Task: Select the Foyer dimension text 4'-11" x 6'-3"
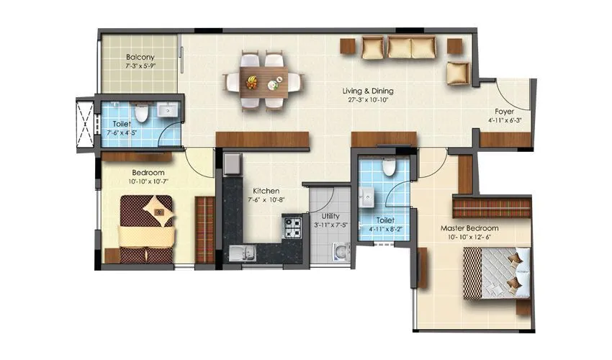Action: point(503,120)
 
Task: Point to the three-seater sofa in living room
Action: point(400,48)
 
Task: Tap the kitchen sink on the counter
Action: point(242,252)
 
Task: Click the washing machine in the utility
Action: point(340,251)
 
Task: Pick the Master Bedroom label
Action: point(469,228)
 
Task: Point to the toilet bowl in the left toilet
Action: point(142,112)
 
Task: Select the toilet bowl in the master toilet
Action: point(389,167)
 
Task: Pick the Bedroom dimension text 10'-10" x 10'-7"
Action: point(148,181)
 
